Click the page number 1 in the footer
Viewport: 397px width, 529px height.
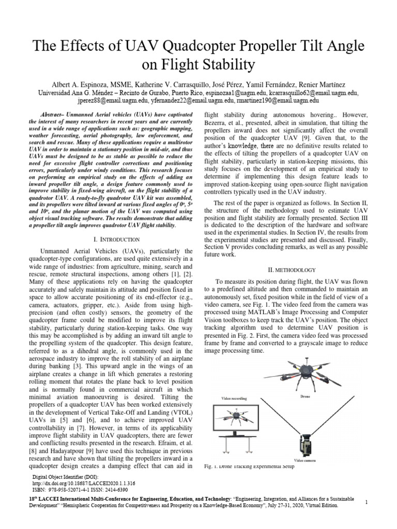click(366, 502)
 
